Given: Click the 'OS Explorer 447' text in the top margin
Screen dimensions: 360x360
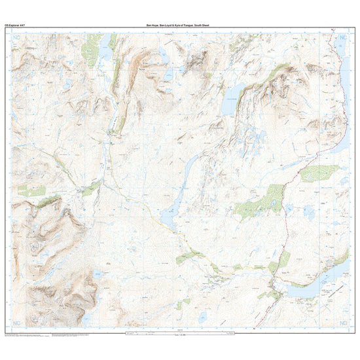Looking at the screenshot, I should coord(14,25).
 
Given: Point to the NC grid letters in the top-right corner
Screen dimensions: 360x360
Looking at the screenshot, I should coord(343,40).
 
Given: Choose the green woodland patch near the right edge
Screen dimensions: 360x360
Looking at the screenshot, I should coord(321,173).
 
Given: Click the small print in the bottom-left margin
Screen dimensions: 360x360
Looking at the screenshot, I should coord(26,334).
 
